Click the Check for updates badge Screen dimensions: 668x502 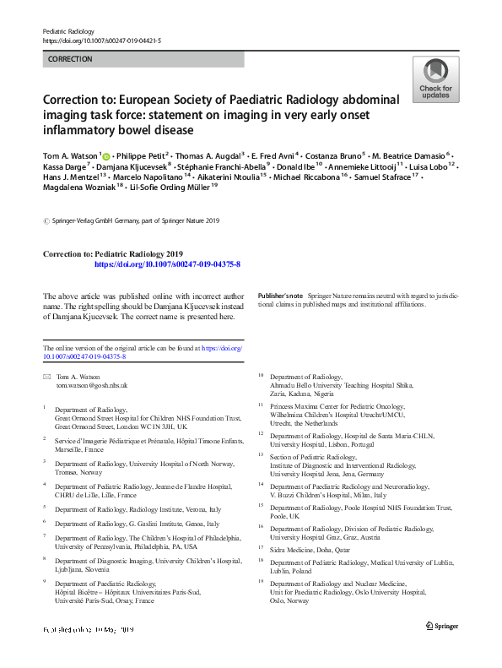(435, 80)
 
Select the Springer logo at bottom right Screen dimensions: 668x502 (443, 625)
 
